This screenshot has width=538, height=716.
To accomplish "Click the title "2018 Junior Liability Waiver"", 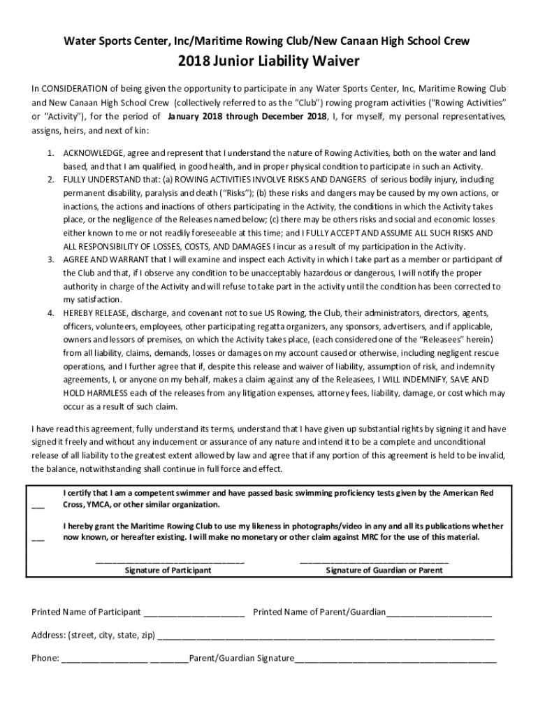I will tap(269, 62).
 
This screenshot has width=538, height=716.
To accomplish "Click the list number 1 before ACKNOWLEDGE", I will tap(51, 152).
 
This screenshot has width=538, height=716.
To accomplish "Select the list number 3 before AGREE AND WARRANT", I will tap(51, 259).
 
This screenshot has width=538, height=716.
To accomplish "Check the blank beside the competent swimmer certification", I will tap(38, 507).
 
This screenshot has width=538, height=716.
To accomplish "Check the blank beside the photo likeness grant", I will tap(38, 539).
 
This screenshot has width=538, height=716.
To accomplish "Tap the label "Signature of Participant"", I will tap(168, 571).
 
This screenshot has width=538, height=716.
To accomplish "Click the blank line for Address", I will tap(326, 638).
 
